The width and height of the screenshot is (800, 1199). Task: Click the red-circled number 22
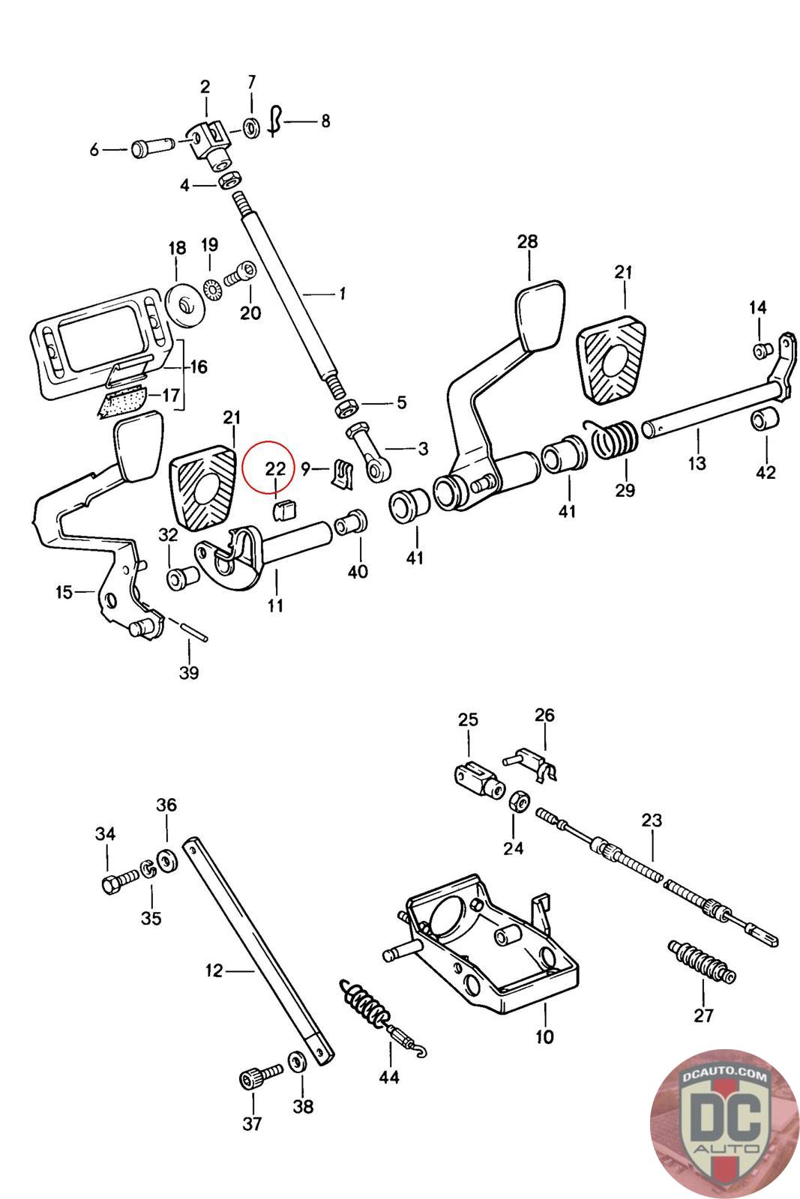click(275, 468)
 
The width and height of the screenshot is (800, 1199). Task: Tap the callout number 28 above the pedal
click(527, 241)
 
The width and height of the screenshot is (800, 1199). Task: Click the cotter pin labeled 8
click(276, 119)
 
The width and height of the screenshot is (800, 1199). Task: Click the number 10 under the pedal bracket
click(544, 1037)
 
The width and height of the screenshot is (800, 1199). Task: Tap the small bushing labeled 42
click(765, 422)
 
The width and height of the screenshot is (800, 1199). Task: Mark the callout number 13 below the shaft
click(697, 462)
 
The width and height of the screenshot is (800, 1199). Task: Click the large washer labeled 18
click(184, 304)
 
